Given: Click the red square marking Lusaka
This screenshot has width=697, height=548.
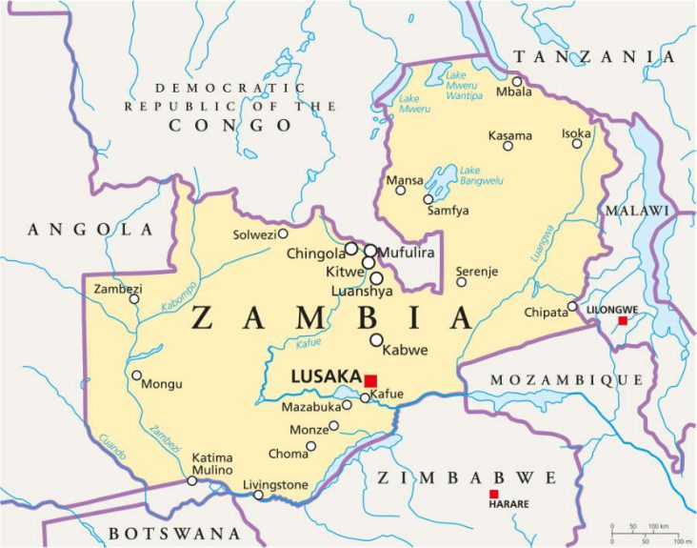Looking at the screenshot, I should coord(370,380).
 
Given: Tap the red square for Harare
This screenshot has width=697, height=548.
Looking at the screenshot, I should coord(493,494).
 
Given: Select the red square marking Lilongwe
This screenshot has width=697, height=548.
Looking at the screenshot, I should coord(623,321).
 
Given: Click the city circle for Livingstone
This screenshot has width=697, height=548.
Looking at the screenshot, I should coord(258,495).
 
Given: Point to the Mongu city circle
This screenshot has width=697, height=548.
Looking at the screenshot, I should coord(137,375).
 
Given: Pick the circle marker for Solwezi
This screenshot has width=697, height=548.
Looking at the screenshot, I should coord(283,233).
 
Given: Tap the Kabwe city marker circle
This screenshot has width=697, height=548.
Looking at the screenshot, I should coord(376,339).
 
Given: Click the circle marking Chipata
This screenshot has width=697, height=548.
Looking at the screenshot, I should coord(572,307).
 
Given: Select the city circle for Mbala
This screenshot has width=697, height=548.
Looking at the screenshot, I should coord(517,81).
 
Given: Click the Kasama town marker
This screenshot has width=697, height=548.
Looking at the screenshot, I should coord(508,146).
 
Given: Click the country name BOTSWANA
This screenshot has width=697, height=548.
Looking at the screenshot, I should coord(174,534).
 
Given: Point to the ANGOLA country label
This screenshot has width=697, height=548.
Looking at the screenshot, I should coord(90,230).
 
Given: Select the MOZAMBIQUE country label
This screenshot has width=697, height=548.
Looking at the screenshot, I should coord(567,380).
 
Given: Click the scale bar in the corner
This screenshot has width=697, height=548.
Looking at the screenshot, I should coord(647,531).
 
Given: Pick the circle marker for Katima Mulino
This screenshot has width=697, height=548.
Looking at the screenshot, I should coord(192,480).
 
